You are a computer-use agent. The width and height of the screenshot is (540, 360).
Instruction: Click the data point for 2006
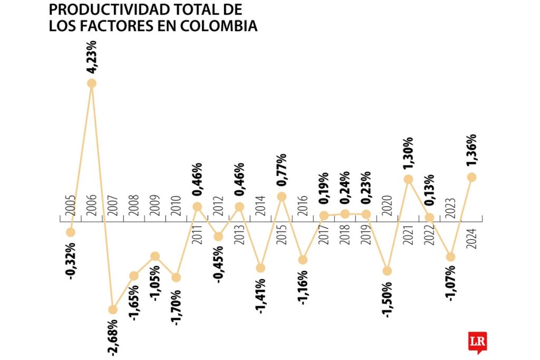[x=92, y=83]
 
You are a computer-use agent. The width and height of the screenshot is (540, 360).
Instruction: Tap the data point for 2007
[x=112, y=309]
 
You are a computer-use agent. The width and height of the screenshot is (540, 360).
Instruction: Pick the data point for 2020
[x=388, y=271]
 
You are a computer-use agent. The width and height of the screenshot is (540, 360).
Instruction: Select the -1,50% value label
[x=387, y=299]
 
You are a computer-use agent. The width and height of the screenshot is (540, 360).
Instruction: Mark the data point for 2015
[x=282, y=197]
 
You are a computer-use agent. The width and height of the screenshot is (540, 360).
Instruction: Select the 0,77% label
[x=282, y=171]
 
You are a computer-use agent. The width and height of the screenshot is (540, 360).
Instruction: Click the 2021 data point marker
[x=408, y=179]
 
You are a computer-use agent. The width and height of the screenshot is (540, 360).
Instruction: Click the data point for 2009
[x=155, y=256]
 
